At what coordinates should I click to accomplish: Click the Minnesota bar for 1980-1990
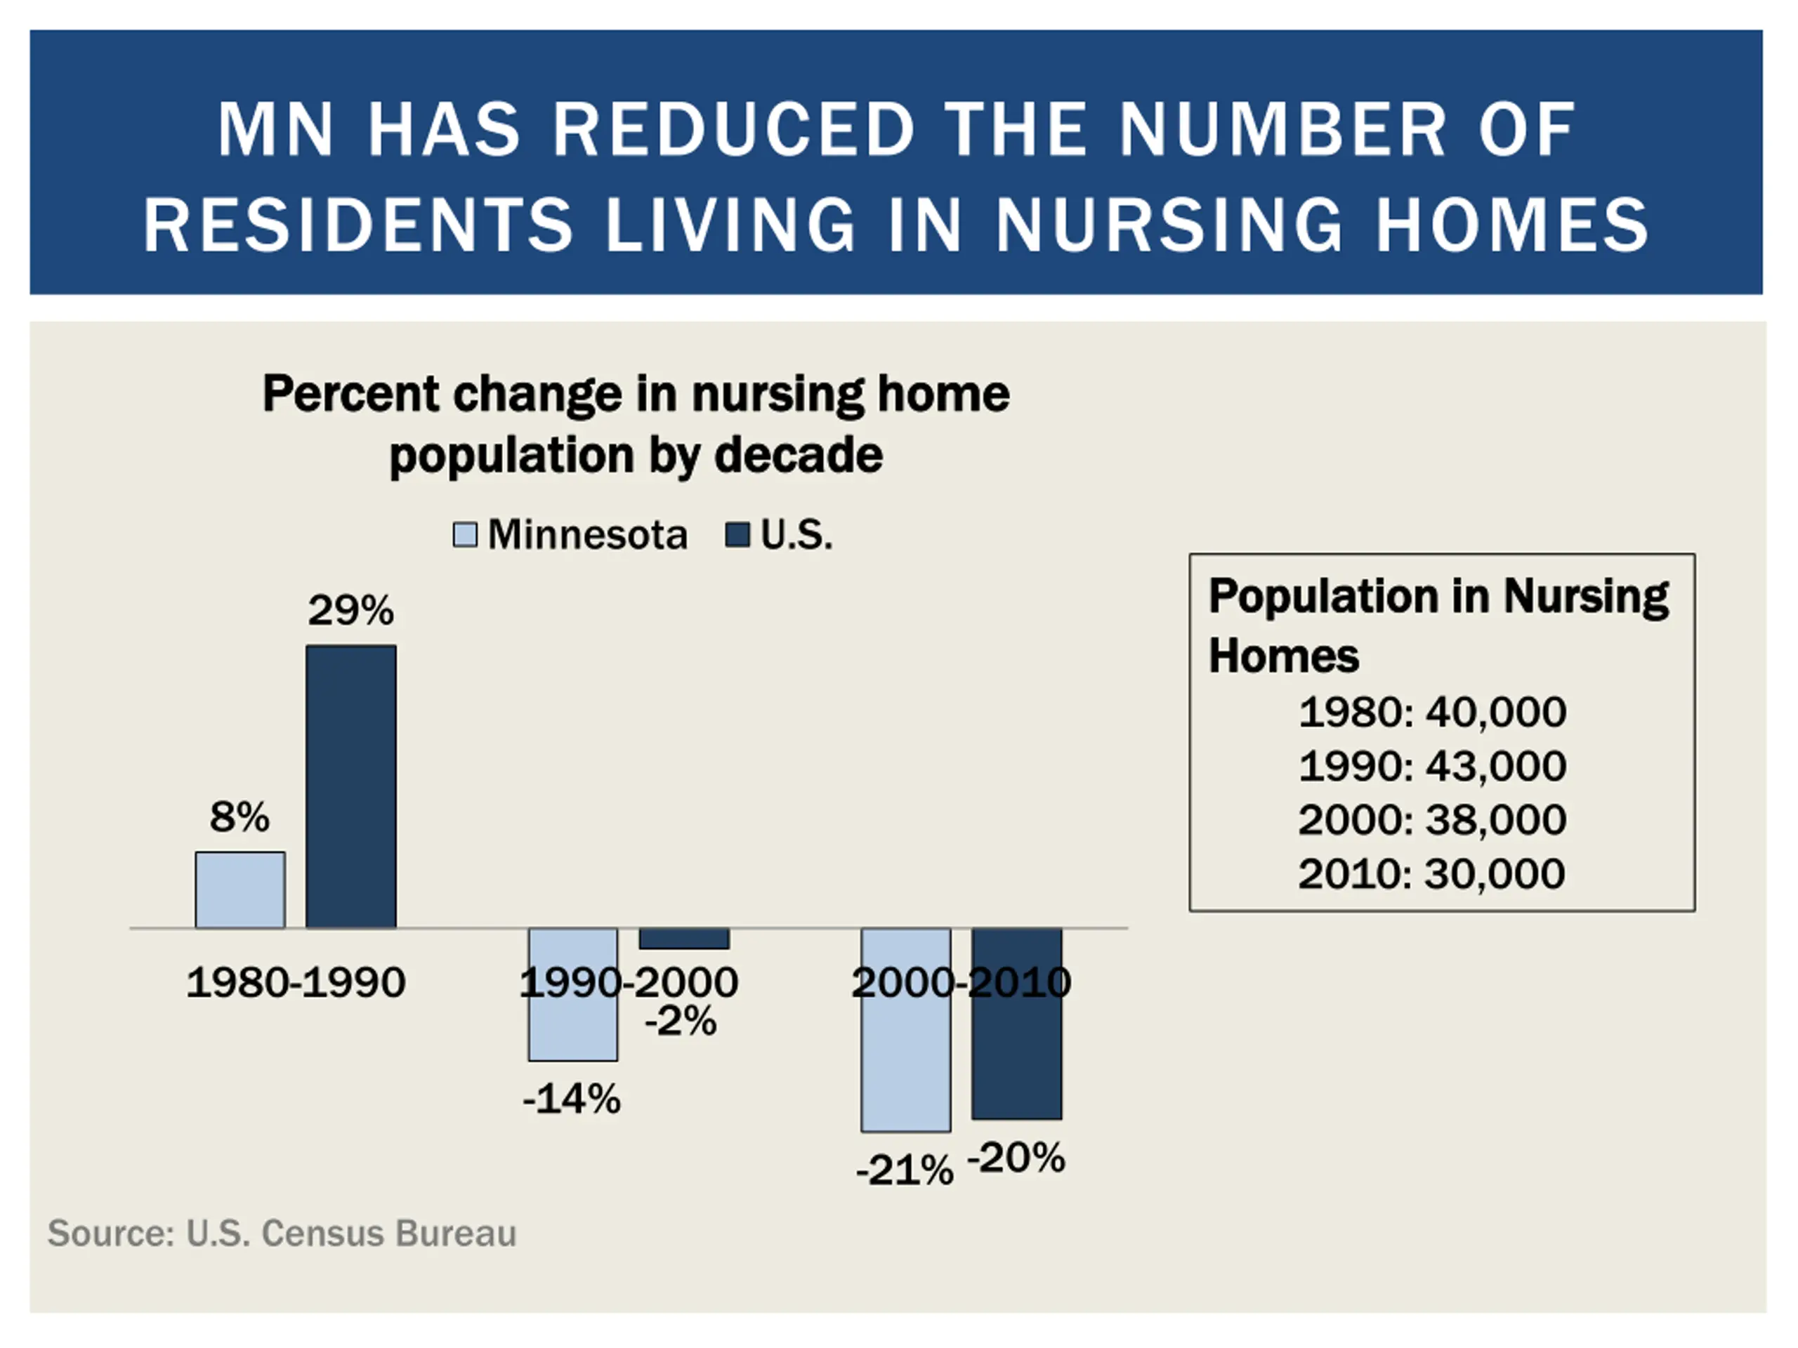(239, 890)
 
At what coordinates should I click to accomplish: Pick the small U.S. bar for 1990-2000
(684, 939)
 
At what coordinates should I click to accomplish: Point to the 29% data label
(351, 611)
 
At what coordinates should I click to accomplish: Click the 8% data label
(239, 817)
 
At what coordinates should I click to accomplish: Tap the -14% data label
(572, 1099)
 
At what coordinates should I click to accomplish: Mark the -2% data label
(681, 1022)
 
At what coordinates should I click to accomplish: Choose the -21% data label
(905, 1171)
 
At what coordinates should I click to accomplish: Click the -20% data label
(1016, 1158)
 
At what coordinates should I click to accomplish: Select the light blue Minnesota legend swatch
(465, 536)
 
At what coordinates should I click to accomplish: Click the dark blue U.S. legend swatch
(737, 536)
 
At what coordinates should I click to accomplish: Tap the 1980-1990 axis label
(296, 982)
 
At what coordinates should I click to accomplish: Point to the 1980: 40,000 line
(1432, 713)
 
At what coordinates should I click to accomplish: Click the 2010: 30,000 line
(1431, 874)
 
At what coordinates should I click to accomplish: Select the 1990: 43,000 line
(1432, 766)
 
